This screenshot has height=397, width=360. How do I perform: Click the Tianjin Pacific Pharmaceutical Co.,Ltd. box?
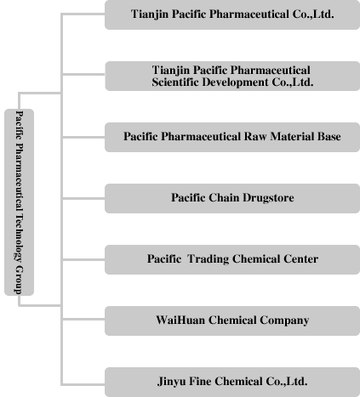click(x=232, y=14)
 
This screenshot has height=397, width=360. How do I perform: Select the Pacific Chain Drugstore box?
click(x=232, y=198)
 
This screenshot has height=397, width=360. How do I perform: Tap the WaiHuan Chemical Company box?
click(x=232, y=320)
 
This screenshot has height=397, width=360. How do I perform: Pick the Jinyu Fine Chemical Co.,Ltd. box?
click(x=232, y=382)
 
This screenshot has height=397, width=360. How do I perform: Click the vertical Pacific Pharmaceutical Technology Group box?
click(x=19, y=202)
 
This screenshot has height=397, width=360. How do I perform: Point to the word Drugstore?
click(x=268, y=198)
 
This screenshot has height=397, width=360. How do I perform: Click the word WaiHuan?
click(x=180, y=320)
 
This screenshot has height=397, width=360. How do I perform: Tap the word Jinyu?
click(x=172, y=382)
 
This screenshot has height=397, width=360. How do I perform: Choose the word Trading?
click(x=209, y=259)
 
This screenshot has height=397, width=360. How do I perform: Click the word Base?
click(x=329, y=137)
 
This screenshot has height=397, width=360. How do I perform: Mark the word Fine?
click(x=200, y=382)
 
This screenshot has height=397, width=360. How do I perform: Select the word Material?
click(x=292, y=137)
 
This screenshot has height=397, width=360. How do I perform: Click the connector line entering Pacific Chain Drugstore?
click(x=83, y=198)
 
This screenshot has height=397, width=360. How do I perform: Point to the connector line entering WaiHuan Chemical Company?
click(x=83, y=319)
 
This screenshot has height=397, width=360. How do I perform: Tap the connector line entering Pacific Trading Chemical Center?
click(x=83, y=259)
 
